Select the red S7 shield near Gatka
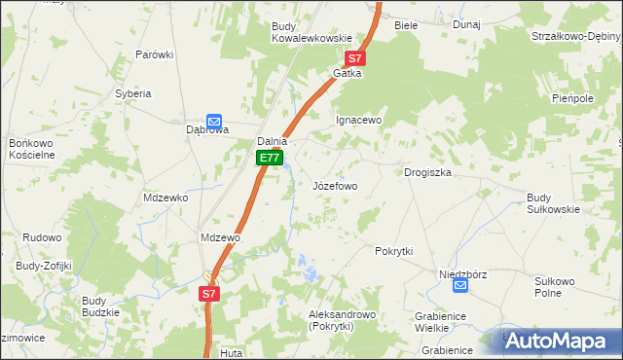point(355,58)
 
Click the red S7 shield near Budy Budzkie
point(210,293)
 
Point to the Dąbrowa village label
point(207,140)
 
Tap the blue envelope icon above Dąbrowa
point(213,122)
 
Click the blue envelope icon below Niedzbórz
point(459,286)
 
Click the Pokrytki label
point(394,251)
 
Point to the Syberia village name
point(133,93)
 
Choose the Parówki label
point(154,54)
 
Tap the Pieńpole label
point(572,99)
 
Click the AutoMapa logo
point(559,342)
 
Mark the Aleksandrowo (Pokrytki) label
point(342,321)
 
